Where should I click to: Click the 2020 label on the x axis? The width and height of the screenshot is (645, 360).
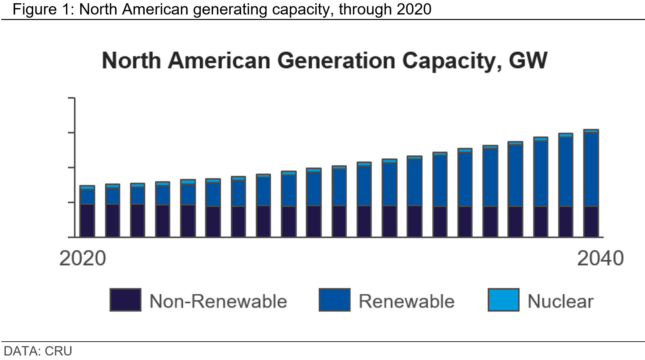[x=82, y=258]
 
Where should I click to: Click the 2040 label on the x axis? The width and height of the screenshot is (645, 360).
[x=600, y=258]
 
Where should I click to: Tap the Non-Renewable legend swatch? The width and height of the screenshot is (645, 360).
[x=125, y=300]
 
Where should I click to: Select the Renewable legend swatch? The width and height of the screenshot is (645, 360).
[x=334, y=300]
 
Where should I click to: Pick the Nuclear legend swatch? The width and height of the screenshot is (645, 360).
[x=504, y=300]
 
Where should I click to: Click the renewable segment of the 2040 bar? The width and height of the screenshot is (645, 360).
[x=591, y=170]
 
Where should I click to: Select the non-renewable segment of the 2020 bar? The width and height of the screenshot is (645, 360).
[x=87, y=220]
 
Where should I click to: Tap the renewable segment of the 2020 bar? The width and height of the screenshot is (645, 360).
[x=87, y=197]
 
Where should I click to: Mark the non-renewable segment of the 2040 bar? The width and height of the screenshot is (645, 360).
[x=591, y=222]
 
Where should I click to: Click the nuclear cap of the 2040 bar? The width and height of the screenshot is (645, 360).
[x=591, y=131]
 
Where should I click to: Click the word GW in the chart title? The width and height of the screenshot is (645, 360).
[x=528, y=60]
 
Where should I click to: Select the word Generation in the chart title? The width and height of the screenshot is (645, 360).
[x=336, y=60]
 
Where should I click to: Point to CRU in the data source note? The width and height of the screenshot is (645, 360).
[x=58, y=351]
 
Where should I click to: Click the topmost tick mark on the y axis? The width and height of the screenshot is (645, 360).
[x=71, y=98]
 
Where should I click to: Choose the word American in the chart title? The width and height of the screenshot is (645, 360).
[x=219, y=60]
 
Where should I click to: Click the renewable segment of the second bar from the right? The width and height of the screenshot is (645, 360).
[x=566, y=172]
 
